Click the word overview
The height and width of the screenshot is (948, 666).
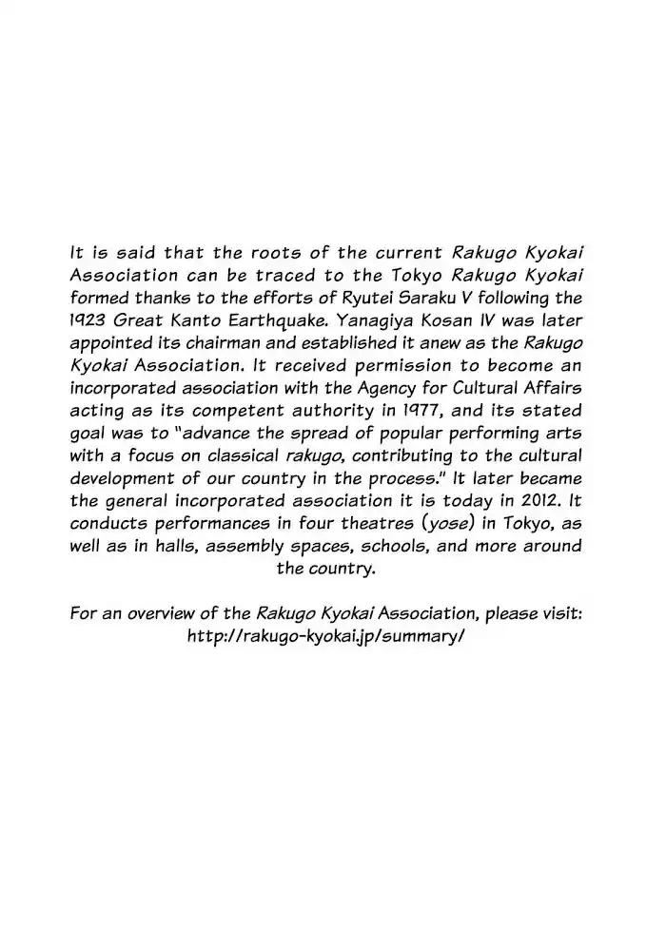167,613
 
